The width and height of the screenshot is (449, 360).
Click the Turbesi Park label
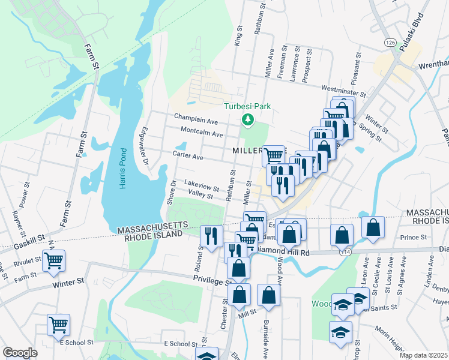point(247,106)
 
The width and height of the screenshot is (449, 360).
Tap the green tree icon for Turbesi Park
point(247,121)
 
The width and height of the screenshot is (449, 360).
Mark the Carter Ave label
point(188,155)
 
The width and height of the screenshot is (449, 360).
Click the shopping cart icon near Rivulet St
point(54,260)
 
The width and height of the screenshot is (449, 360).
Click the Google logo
point(20,352)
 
